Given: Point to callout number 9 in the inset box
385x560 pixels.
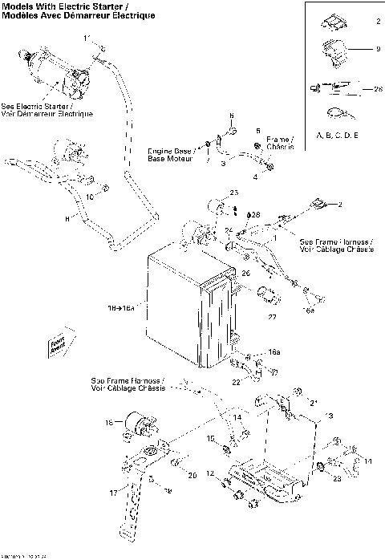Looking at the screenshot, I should [x=378, y=50].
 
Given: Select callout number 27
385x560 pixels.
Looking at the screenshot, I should [x=271, y=317].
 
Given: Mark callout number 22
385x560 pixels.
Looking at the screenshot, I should [x=236, y=382].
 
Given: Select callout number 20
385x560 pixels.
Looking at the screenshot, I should [x=192, y=476].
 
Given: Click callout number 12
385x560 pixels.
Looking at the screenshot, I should [x=211, y=474].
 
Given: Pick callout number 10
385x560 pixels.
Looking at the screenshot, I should [x=91, y=195].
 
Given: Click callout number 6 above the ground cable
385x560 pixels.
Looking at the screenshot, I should [x=231, y=116].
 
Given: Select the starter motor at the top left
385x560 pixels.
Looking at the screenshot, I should [x=56, y=72].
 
